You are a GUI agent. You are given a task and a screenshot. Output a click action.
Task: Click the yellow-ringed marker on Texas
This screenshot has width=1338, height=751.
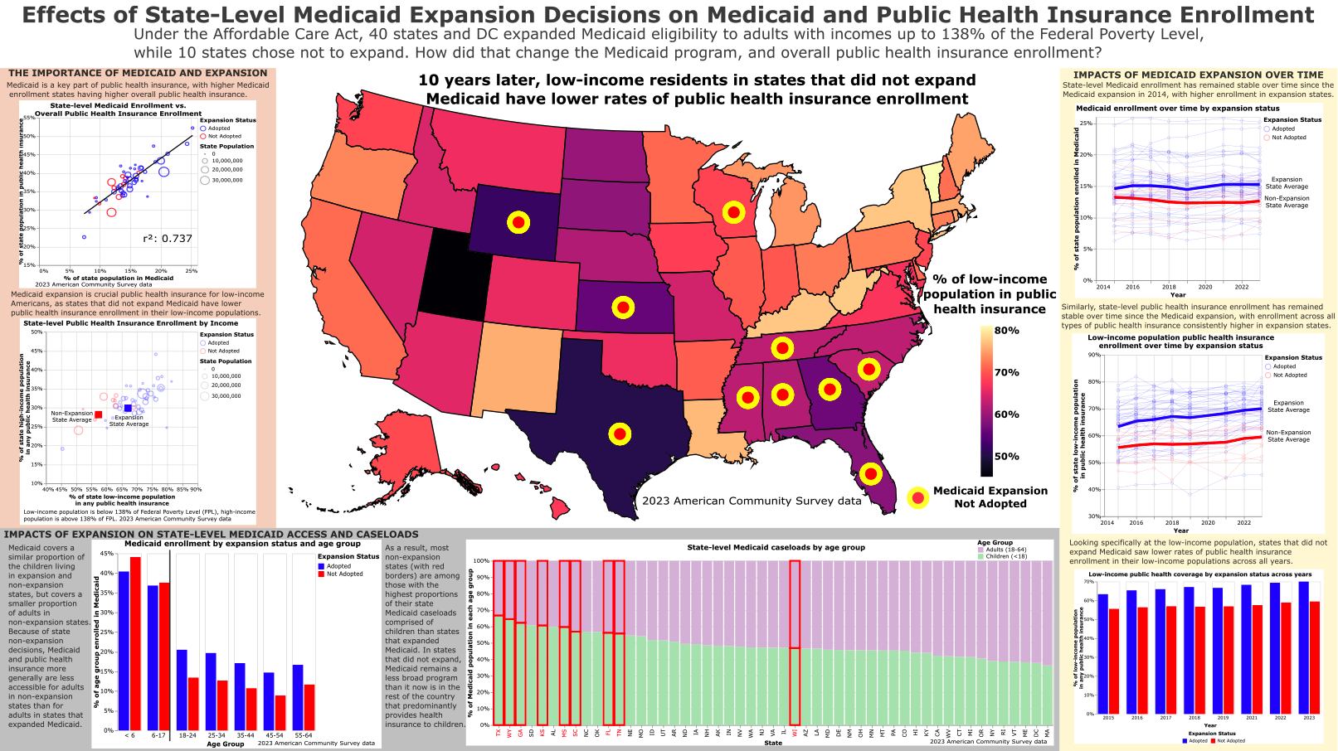(620, 434)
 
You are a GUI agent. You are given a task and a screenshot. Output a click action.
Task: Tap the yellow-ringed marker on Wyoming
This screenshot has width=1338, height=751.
(518, 222)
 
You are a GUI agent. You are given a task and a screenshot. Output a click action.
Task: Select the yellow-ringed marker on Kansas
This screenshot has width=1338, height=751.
(623, 308)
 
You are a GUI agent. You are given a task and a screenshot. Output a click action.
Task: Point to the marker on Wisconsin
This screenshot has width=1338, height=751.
(733, 212)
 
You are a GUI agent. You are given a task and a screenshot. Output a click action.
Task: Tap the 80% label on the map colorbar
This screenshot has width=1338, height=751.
(1007, 330)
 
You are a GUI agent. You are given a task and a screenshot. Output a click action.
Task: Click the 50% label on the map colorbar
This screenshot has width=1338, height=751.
(1007, 456)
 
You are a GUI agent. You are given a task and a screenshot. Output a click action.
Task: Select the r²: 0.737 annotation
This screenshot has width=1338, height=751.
(168, 239)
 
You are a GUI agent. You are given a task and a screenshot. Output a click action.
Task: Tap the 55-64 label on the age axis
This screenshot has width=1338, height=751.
(304, 735)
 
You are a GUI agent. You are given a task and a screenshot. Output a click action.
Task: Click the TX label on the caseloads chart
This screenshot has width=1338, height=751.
(499, 733)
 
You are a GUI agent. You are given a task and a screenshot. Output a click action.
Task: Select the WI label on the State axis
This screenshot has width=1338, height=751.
(795, 733)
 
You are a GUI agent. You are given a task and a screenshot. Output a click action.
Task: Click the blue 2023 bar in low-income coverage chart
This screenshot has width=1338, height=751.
(1303, 647)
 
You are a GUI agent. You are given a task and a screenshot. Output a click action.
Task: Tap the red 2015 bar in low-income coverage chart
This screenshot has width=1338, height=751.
(1114, 661)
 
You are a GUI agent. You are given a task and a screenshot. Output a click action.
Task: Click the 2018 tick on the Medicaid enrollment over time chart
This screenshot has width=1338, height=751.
(1169, 287)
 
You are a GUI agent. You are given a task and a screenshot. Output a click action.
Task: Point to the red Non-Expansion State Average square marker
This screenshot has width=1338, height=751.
(98, 414)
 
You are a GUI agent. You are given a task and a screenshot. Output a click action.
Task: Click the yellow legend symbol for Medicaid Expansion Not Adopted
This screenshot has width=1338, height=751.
(917, 497)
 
